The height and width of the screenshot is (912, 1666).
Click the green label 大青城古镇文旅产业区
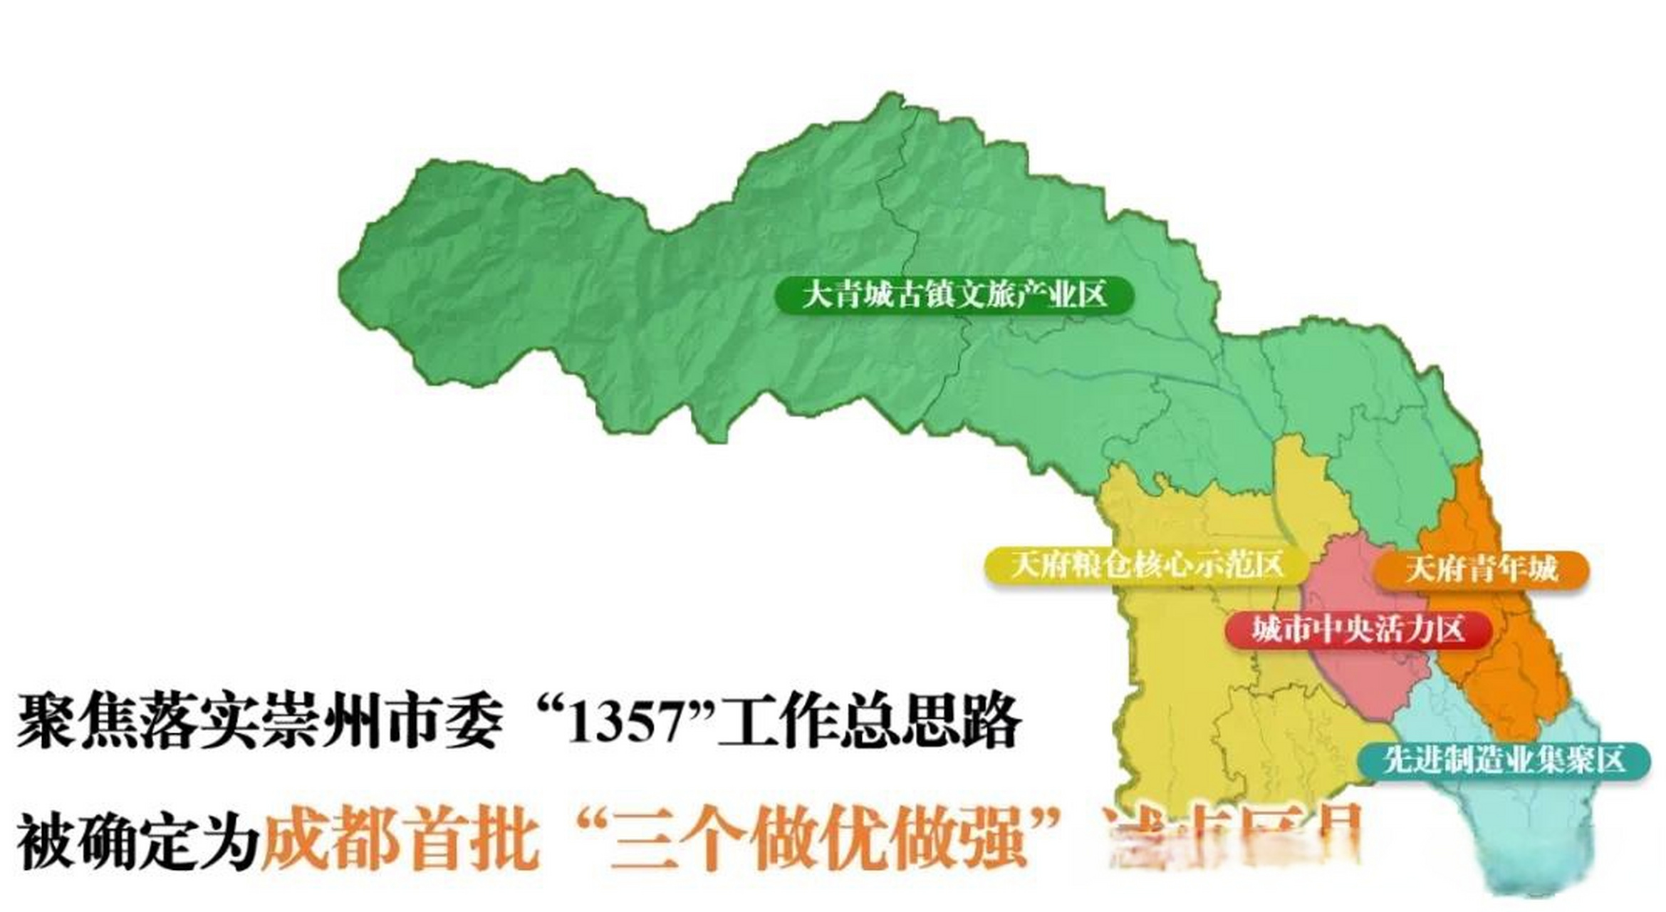954,295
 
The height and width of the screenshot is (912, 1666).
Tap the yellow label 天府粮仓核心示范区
1146,565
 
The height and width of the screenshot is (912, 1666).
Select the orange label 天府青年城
1482,569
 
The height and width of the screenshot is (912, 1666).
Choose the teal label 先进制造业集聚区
1504,760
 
